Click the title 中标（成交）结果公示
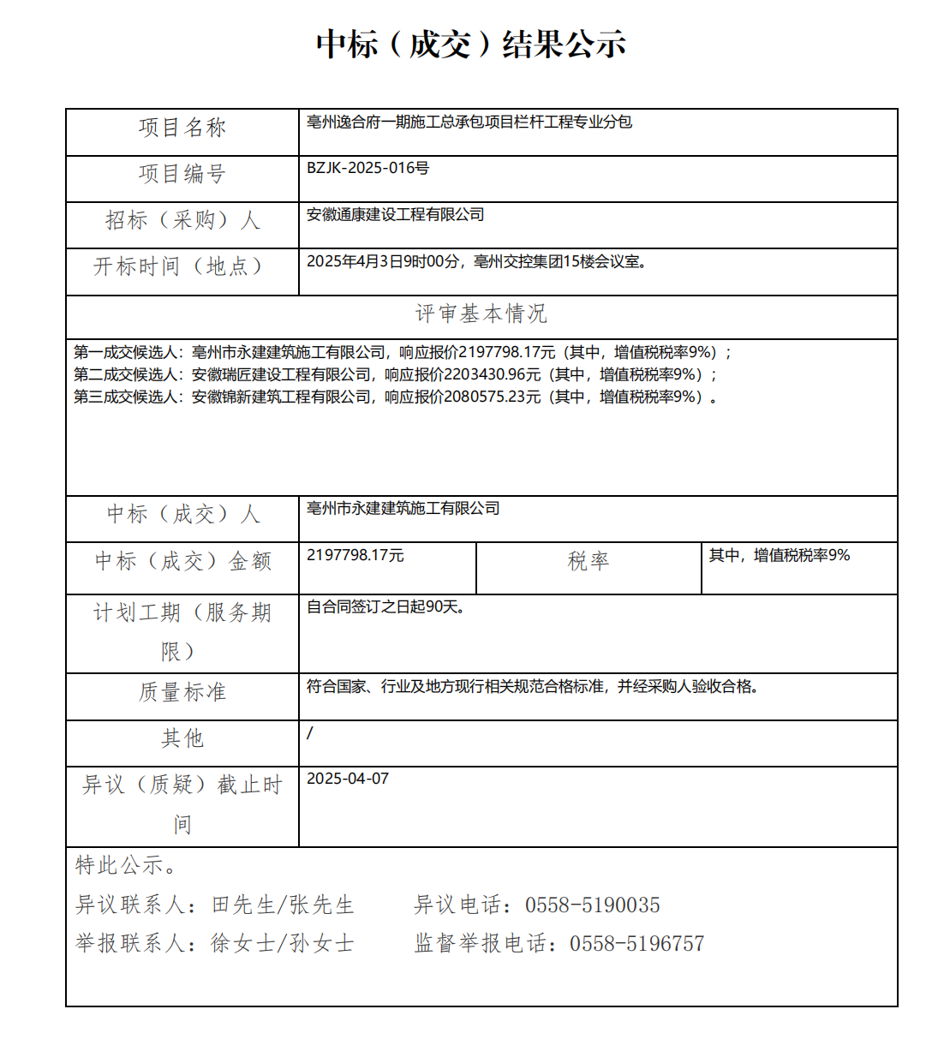tap(471, 44)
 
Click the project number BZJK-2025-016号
tap(367, 168)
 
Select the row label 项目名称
tap(182, 128)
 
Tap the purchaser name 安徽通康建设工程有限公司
tap(395, 214)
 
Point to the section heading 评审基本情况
tap(481, 314)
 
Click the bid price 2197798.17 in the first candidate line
tap(507, 352)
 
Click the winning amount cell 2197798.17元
tap(355, 555)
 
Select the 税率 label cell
tap(588, 561)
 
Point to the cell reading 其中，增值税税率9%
tap(779, 555)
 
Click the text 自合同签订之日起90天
tap(385, 606)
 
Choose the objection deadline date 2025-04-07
tap(348, 779)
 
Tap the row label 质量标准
tap(182, 692)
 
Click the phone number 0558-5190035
tap(592, 905)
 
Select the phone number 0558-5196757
tap(636, 944)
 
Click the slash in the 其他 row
tap(310, 732)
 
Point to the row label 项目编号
tap(182, 174)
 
